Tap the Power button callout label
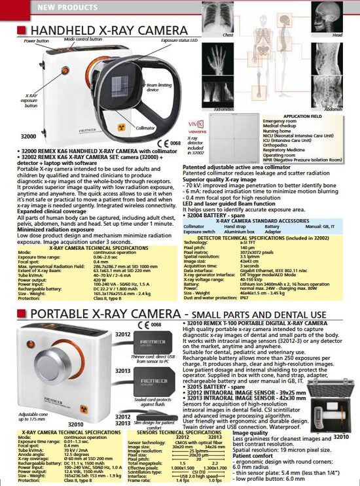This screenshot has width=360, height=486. pyautogui.click(x=36, y=41)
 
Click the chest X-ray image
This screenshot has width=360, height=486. pyautogui.click(x=228, y=16)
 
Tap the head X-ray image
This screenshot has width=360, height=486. pyautogui.click(x=337, y=16)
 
